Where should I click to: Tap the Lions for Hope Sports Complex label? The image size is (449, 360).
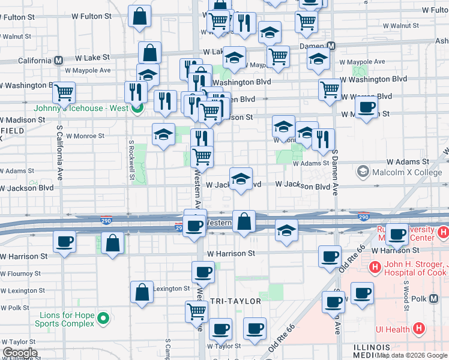coord(67,319)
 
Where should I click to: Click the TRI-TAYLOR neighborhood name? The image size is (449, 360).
coord(236,301)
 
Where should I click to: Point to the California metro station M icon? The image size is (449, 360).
coord(59,61)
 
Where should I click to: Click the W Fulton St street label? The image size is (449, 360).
coord(22,17)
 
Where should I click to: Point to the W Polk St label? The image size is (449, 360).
coord(14,308)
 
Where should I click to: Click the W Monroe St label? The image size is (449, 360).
coord(85,136)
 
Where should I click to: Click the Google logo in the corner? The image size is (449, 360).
coord(20,353)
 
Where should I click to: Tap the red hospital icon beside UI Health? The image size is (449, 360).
coord(419,329)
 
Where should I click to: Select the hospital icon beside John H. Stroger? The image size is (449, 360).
coord(375,267)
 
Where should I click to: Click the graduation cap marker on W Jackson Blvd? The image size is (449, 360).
coord(241,179)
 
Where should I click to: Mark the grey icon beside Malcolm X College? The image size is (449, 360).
coord(363,173)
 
